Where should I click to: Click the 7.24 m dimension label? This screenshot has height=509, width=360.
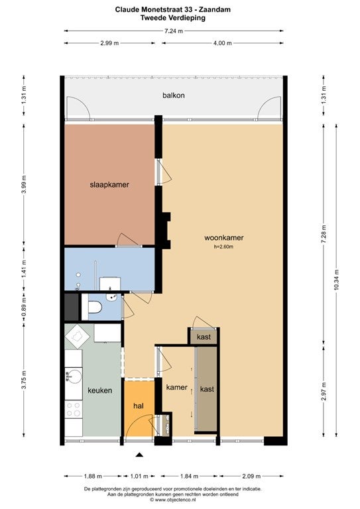[174, 31]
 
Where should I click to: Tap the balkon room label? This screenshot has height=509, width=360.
[174, 95]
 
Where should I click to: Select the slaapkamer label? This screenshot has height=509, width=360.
[109, 185]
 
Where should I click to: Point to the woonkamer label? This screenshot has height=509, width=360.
[224, 238]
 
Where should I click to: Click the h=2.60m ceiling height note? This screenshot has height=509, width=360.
[223, 247]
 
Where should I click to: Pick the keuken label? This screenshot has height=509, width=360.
[100, 390]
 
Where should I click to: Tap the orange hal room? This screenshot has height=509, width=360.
[139, 408]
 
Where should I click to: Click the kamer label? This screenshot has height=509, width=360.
[177, 387]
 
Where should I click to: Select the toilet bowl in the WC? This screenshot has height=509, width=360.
[94, 307]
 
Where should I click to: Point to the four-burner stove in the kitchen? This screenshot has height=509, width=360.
[74, 409]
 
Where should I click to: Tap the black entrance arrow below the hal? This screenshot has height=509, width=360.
[139, 455]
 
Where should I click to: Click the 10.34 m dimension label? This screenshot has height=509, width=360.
[336, 280]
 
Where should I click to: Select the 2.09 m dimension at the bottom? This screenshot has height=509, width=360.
[251, 477]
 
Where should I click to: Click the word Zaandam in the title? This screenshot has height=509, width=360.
[217, 10]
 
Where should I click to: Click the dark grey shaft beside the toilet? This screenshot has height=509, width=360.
[72, 307]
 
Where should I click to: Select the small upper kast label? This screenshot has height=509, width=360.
[204, 337]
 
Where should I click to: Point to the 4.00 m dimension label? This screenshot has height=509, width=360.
[223, 43]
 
